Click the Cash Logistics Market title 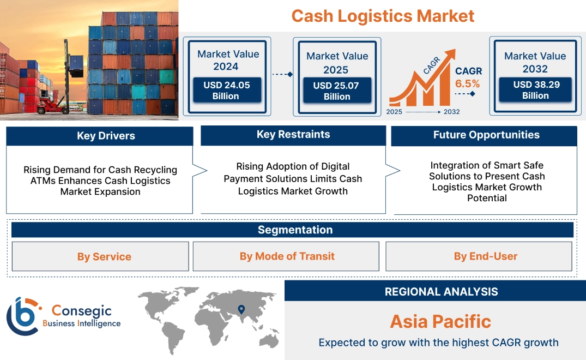pos(383,16)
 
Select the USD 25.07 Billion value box pos(337,91)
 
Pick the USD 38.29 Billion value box pos(535,90)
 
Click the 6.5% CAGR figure pos(468,83)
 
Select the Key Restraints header pos(293,135)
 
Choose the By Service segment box pos(104,256)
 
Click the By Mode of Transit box pos(287,256)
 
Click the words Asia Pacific pos(440,321)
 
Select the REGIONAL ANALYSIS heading pos(441,292)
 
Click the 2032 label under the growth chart pos(451,112)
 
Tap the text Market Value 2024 pos(228,60)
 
